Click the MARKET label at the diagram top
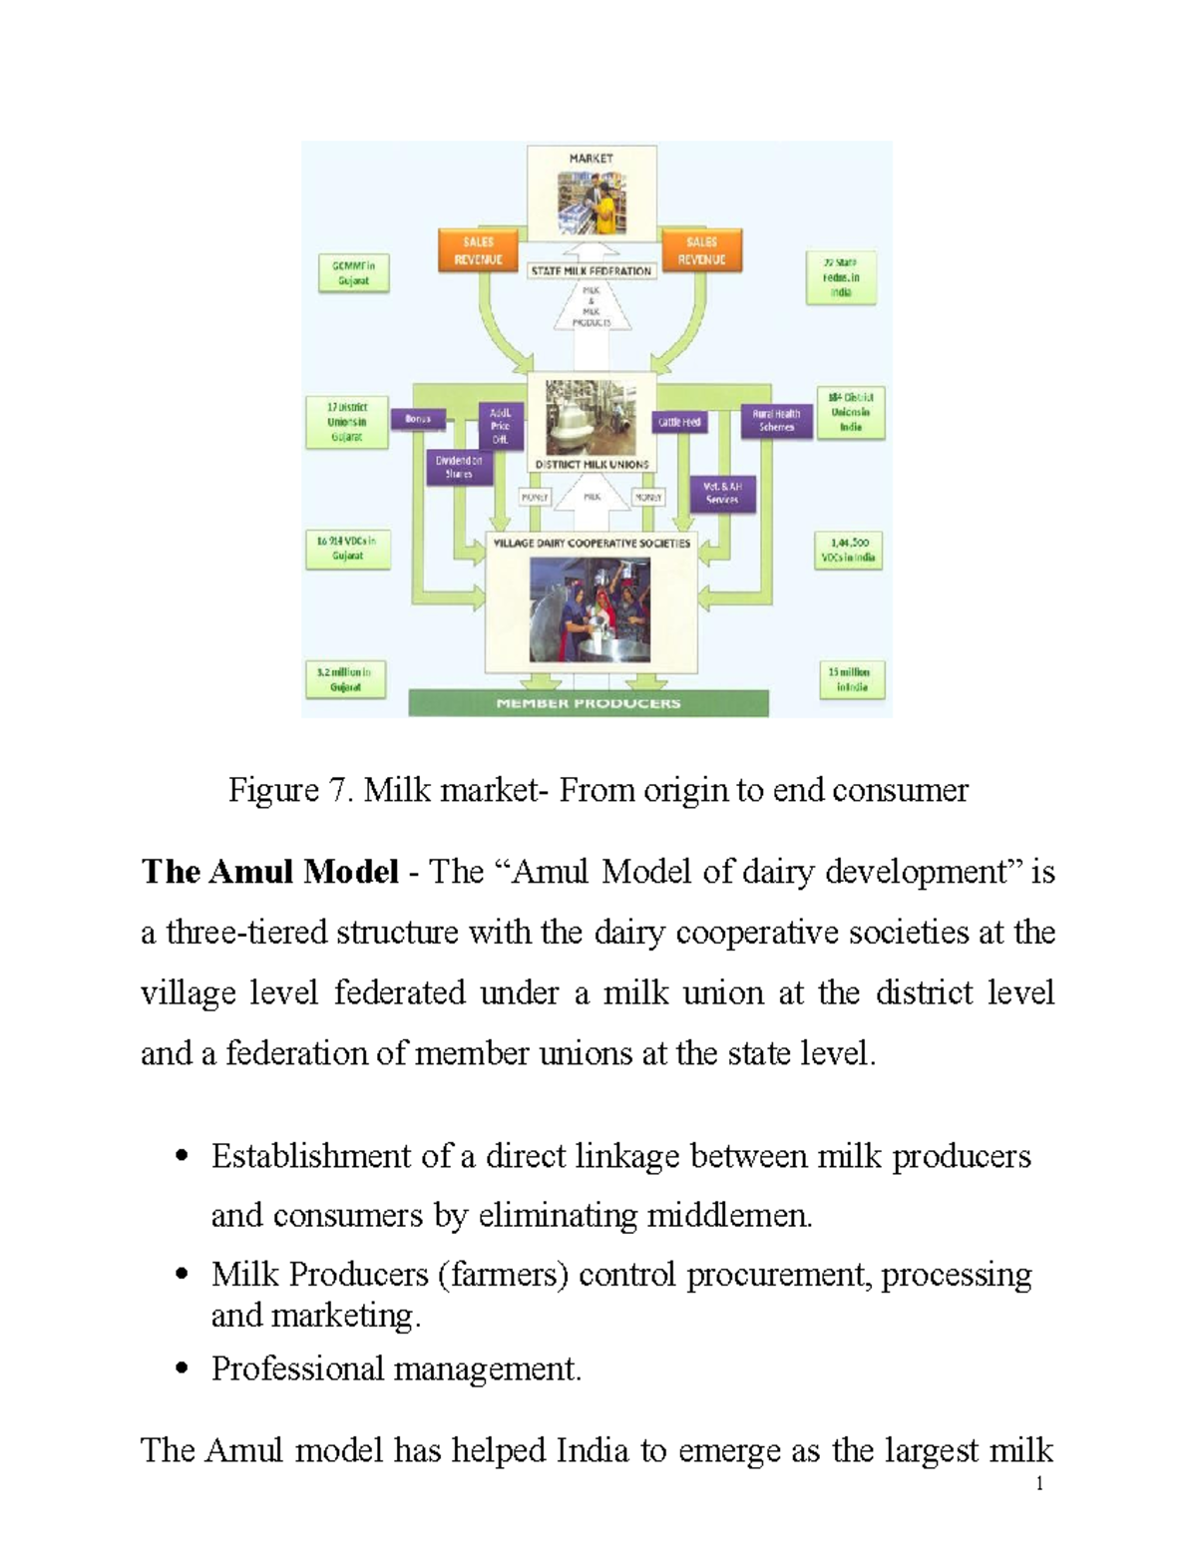click(x=591, y=158)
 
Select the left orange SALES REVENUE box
click(x=478, y=250)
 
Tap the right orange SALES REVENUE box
click(x=701, y=250)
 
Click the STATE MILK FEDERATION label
click(x=592, y=271)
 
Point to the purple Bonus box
click(x=418, y=419)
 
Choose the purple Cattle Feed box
click(x=679, y=422)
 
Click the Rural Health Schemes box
click(x=776, y=421)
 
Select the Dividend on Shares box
click(x=459, y=467)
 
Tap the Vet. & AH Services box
click(x=722, y=493)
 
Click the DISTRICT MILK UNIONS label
click(x=592, y=465)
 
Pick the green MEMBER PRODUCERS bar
click(x=589, y=703)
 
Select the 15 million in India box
click(x=851, y=679)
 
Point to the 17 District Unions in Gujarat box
click(x=347, y=422)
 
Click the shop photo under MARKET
click(x=592, y=201)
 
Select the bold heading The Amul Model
click(x=269, y=873)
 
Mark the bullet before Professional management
click(x=182, y=1368)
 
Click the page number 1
click(x=1039, y=1484)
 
